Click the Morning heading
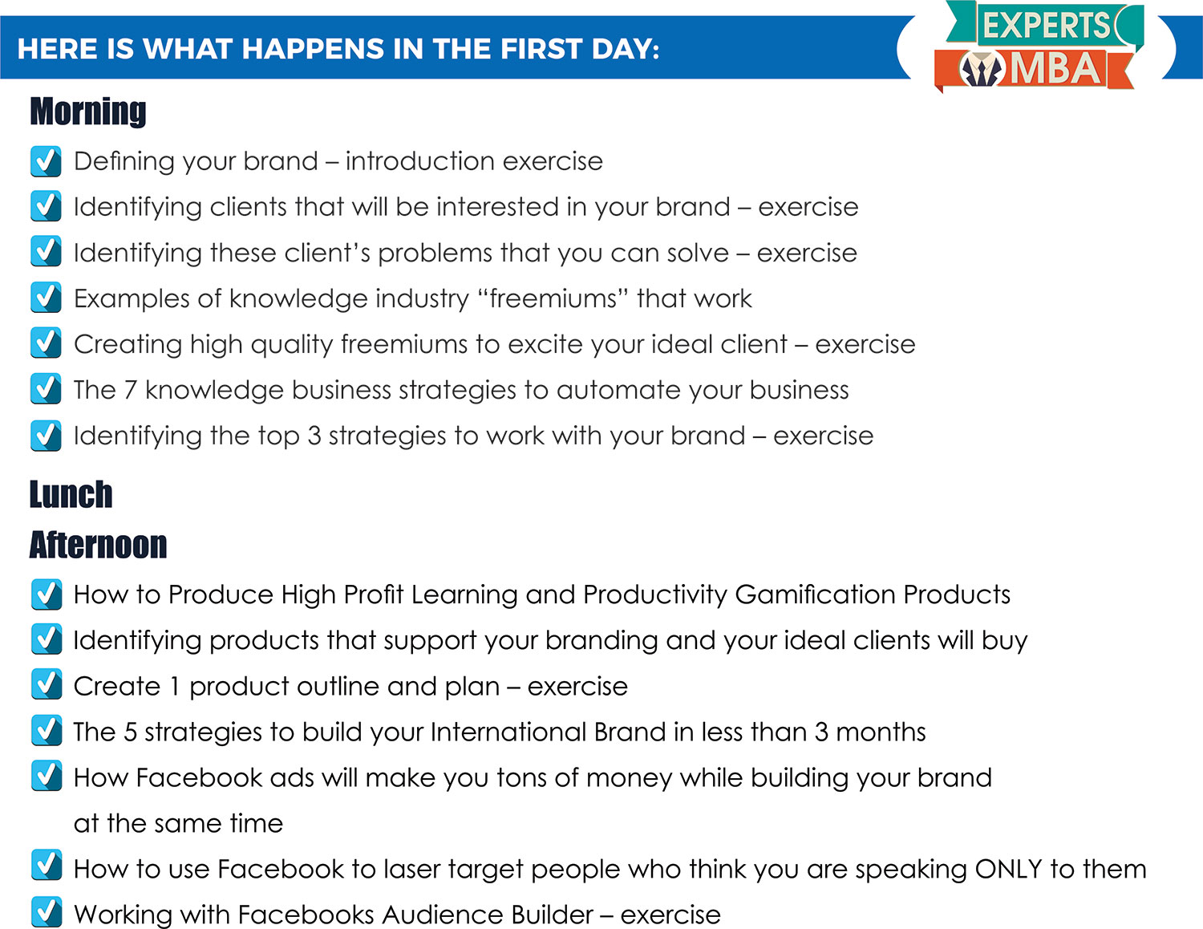pyautogui.click(x=88, y=112)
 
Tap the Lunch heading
pyautogui.click(x=71, y=494)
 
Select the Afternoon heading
pyautogui.click(x=98, y=544)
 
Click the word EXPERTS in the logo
pyautogui.click(x=1047, y=26)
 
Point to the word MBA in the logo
pyautogui.click(x=1056, y=69)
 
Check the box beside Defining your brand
pyautogui.click(x=46, y=161)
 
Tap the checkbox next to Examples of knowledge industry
pyautogui.click(x=46, y=298)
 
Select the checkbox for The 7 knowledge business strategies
pyautogui.click(x=46, y=389)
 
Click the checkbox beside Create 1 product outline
pyautogui.click(x=47, y=685)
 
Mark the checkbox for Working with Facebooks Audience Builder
pyautogui.click(x=47, y=913)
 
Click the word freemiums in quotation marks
pyautogui.click(x=553, y=298)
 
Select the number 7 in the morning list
pyautogui.click(x=130, y=390)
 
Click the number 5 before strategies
pyautogui.click(x=130, y=732)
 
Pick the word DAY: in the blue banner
pyautogui.click(x=626, y=49)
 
